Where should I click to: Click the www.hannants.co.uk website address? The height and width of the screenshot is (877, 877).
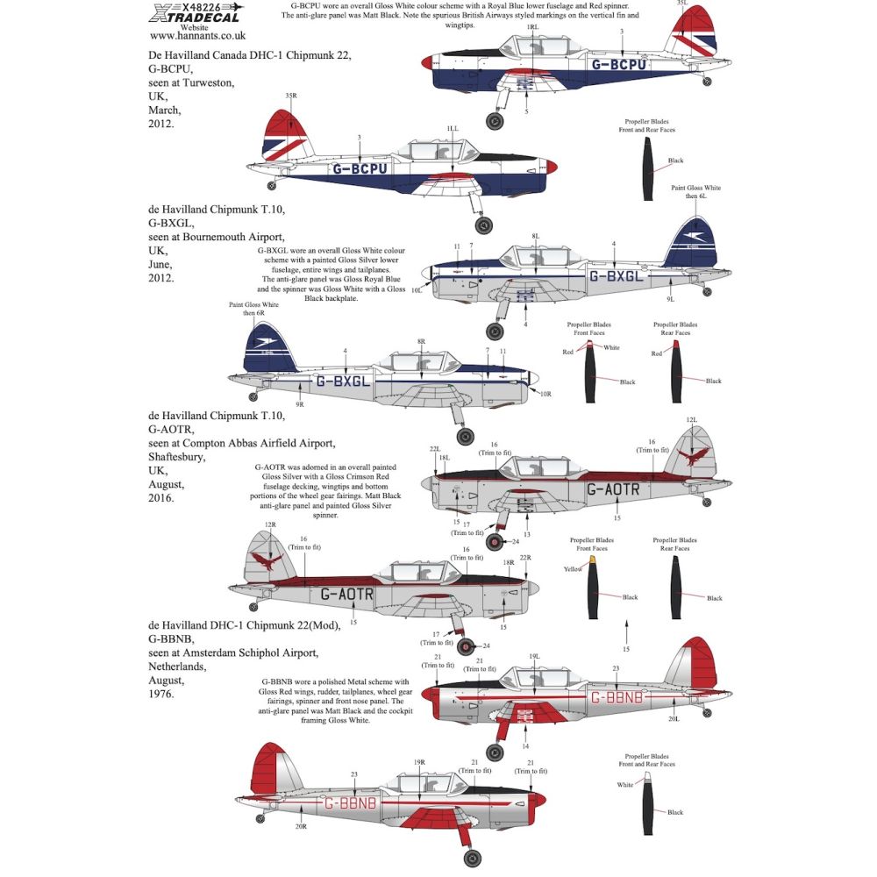click(x=197, y=36)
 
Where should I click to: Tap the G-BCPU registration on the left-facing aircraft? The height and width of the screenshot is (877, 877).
click(x=624, y=64)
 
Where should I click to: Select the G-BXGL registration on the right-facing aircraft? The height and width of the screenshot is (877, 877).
click(x=342, y=381)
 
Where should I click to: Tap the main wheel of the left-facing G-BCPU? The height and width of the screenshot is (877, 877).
click(x=495, y=121)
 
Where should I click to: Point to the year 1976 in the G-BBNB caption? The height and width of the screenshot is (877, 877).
click(x=160, y=694)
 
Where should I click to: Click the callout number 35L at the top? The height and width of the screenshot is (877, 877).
click(x=681, y=3)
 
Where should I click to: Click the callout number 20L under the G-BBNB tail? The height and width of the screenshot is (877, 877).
click(x=671, y=718)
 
